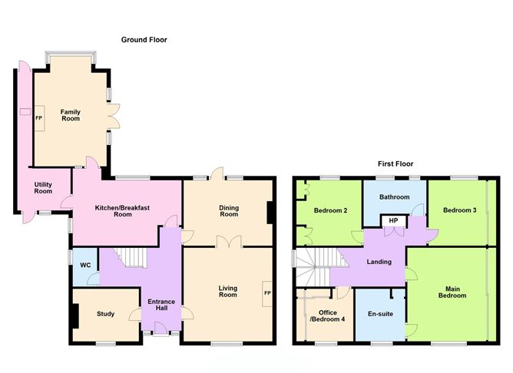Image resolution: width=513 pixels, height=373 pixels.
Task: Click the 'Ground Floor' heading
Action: pos(144,39)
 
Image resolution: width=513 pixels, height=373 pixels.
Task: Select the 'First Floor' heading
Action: pos(396,163)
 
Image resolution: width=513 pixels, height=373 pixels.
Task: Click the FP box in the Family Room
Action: pos(38,118)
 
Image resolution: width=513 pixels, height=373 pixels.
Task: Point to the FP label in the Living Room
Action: pos(267,293)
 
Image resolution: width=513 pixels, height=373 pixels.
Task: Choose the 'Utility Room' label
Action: pos(43,187)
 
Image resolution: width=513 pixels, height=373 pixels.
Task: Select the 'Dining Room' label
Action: pos(229,210)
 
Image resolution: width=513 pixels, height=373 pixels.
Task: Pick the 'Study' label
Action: pos(105,313)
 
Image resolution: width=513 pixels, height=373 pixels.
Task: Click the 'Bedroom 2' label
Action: pos(331,210)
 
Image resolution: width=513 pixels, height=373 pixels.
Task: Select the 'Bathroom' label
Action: pos(395,196)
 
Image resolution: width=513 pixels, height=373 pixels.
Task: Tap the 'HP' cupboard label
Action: pos(393,220)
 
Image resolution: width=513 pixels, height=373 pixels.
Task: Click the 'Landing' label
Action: pos(379,262)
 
